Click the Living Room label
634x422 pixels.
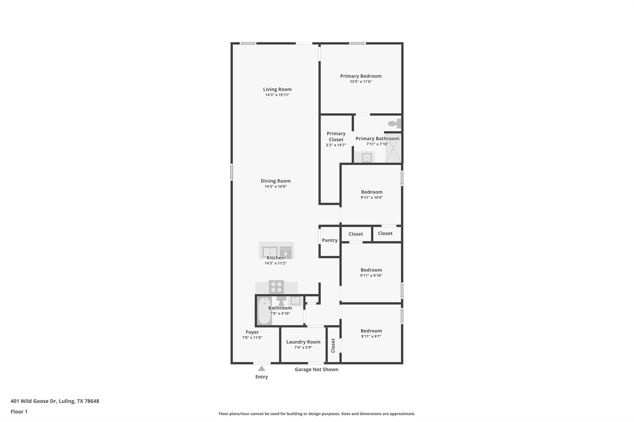pos(277,89)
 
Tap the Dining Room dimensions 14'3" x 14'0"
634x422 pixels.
pos(276,187)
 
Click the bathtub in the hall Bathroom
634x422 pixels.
pos(264,310)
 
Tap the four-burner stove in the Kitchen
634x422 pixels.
pos(276,287)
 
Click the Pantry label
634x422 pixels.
pos(330,240)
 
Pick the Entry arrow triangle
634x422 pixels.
pos(262,369)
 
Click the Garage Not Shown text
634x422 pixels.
pos(316,369)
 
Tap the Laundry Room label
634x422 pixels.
pos(303,342)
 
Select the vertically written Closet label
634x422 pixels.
pos(333,345)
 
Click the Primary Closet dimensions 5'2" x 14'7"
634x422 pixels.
pos(336,145)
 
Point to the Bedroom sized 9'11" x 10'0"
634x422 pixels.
pos(371,192)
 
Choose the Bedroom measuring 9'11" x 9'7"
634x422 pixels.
pos(371,331)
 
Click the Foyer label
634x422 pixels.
pos(252,332)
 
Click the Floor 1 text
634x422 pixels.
pos(19,411)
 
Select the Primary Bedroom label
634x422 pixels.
pos(361,76)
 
